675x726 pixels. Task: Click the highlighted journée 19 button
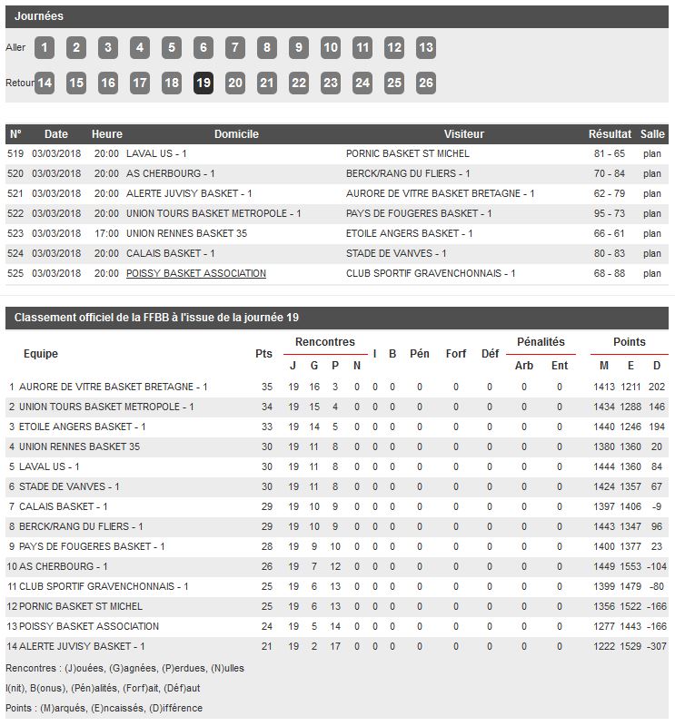203,83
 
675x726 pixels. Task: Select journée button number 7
235,48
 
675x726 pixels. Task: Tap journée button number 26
426,83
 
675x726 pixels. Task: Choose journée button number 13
426,48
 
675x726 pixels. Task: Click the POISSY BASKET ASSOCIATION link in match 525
196,273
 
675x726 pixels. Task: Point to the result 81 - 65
610,153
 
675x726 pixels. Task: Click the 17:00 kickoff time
106,233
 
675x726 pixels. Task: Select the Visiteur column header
464,134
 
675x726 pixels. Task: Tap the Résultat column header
610,134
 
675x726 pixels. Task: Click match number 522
15,213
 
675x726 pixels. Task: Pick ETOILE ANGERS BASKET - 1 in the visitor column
409,233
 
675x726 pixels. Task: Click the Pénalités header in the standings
541,342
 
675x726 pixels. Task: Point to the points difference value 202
657,387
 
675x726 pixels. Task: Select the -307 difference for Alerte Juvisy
654,646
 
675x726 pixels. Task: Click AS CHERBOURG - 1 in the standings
65,566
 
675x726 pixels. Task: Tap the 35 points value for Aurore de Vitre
266,387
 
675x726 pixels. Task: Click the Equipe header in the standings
41,354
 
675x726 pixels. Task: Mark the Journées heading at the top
39,16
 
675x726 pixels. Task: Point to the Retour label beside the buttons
19,83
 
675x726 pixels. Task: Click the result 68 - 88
610,273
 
